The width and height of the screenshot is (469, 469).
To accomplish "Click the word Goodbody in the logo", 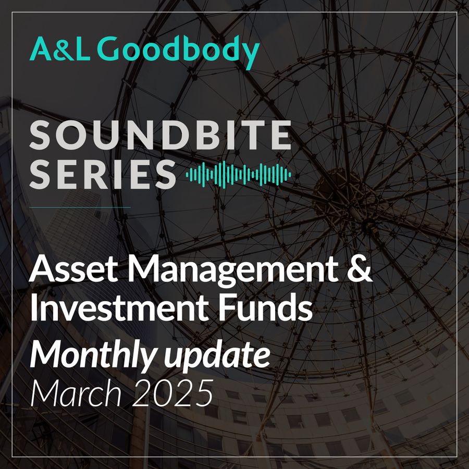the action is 179,52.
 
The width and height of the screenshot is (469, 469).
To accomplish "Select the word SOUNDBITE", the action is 161,135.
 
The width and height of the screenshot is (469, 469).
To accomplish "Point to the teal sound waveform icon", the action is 238,175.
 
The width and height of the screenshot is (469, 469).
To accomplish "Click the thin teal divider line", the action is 80,207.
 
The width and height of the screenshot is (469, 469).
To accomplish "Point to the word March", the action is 76,392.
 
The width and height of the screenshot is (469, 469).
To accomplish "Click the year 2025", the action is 173,393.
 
